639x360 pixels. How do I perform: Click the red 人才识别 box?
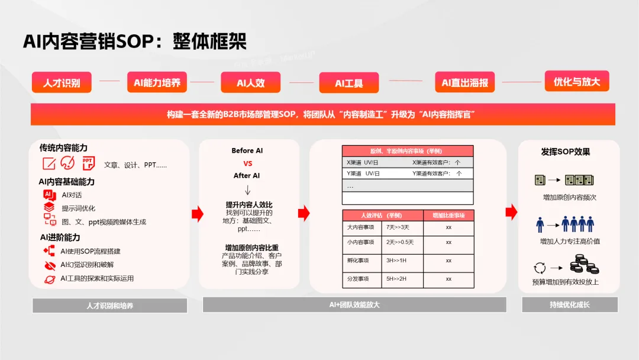coord(62,83)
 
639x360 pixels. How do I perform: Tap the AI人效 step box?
coord(250,83)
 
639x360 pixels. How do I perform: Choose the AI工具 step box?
coord(348,83)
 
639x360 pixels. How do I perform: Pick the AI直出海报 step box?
coord(464,83)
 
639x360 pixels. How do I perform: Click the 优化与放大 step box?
coord(576,82)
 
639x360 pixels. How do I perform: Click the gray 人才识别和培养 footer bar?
coord(109,306)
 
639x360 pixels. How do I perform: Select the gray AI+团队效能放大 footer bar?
coord(354,304)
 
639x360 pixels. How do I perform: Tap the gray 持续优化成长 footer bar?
coord(569,304)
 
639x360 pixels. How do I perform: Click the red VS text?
coord(247,163)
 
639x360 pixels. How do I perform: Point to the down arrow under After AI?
coord(247,190)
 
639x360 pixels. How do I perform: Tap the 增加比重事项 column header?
coord(448,215)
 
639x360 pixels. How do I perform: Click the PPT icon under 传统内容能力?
coord(88,163)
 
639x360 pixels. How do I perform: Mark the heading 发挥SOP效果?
coord(565,152)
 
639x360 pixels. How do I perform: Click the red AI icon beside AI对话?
coord(49,195)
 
